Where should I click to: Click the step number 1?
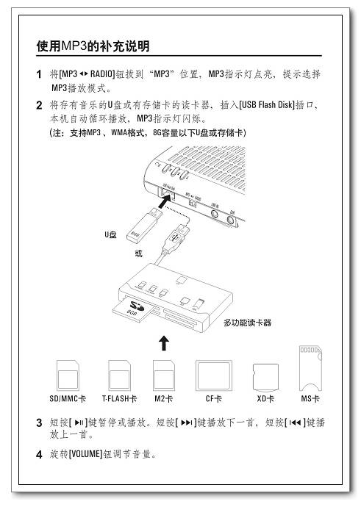point(40,76)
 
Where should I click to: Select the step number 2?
point(40,107)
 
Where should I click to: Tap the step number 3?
point(40,422)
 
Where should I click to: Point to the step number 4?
point(40,453)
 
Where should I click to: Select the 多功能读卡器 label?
point(247,322)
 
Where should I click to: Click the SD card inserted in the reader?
point(135,309)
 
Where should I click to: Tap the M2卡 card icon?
point(164,374)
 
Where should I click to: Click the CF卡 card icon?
point(212,374)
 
